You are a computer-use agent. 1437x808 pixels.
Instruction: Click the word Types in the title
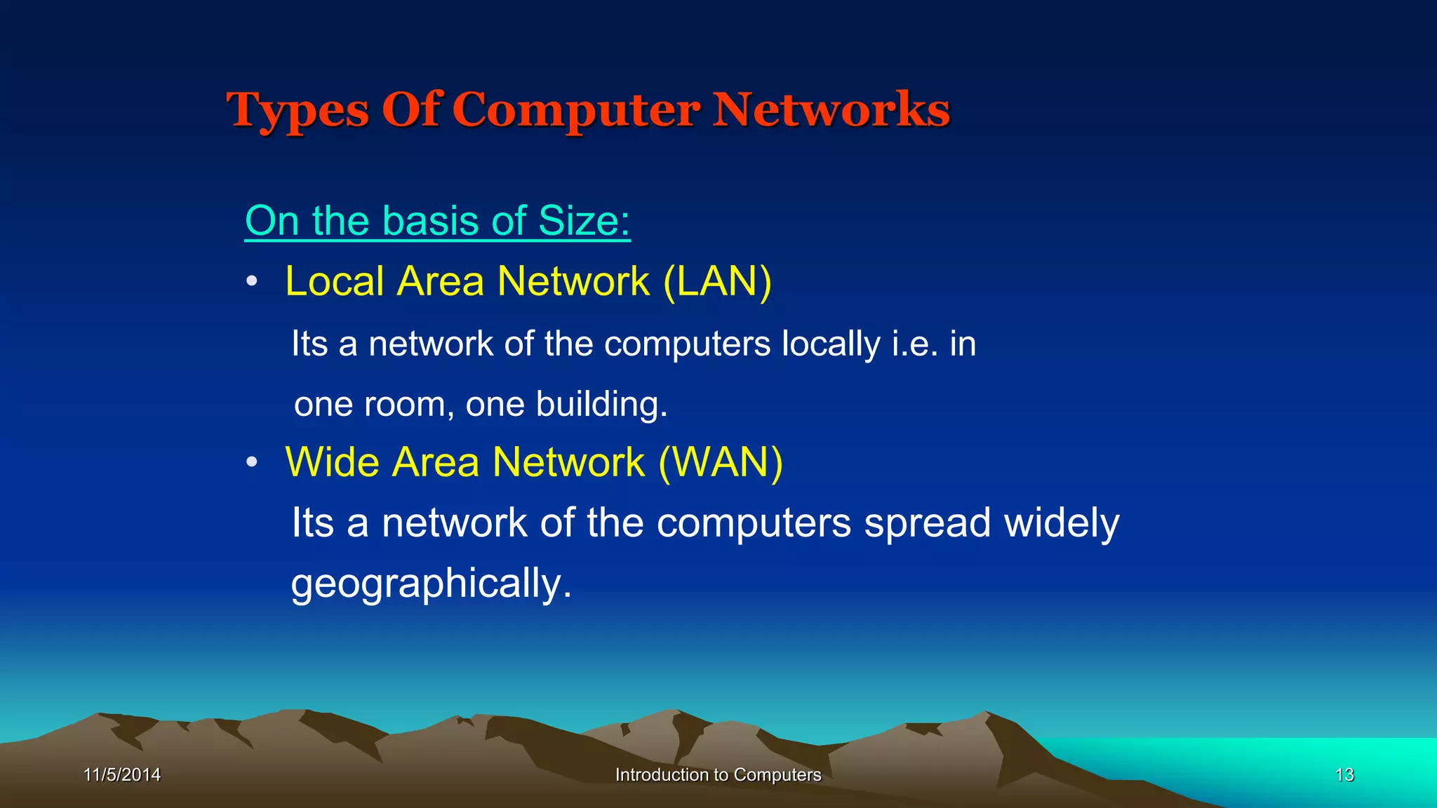297,111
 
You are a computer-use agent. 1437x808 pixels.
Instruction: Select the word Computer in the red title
576,111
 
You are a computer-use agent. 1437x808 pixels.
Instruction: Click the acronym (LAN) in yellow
717,281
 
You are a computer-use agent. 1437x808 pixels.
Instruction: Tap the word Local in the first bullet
335,281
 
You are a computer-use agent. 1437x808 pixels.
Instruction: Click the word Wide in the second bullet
333,462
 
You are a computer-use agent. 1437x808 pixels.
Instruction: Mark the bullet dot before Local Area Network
252,282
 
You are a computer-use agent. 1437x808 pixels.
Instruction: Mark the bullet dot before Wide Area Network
252,463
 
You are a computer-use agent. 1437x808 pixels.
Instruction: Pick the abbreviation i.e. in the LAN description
915,344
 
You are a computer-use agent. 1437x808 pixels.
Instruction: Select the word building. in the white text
601,405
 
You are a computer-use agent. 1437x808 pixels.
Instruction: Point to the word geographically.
431,584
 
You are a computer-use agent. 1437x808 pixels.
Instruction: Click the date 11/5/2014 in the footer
122,774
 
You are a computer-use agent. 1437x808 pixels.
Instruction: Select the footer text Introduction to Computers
718,774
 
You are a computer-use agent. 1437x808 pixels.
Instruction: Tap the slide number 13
1344,774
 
